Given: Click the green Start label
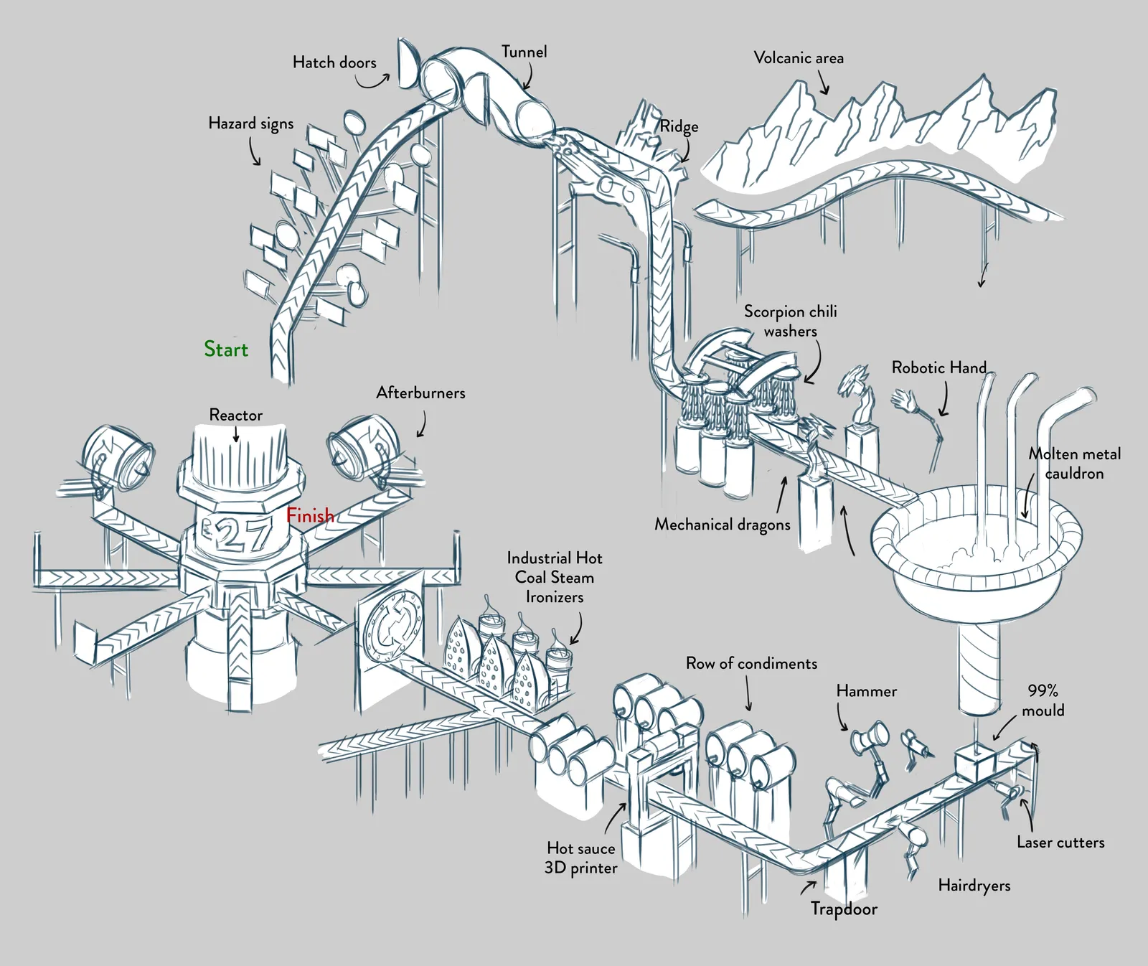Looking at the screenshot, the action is tap(226, 350).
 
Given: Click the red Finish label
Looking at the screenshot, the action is tap(310, 515).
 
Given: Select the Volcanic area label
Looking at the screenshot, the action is tap(799, 58).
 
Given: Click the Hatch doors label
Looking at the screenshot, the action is tap(334, 62).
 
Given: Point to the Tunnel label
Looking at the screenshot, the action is tap(524, 52).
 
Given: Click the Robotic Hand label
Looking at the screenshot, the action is tap(939, 367).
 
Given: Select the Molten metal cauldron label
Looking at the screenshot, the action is tap(1074, 464).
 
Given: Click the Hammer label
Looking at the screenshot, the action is tap(867, 691).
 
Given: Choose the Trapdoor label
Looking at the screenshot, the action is tap(844, 909).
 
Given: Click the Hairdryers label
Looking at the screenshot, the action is tap(974, 886).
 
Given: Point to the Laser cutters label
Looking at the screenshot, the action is tap(1060, 843).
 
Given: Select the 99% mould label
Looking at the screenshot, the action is tap(1043, 700).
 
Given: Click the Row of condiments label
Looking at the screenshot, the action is tap(751, 663).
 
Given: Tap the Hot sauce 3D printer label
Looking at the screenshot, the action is tap(580, 858).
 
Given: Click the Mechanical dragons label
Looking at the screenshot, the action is tap(722, 525).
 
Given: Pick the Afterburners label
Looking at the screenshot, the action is tap(420, 393).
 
